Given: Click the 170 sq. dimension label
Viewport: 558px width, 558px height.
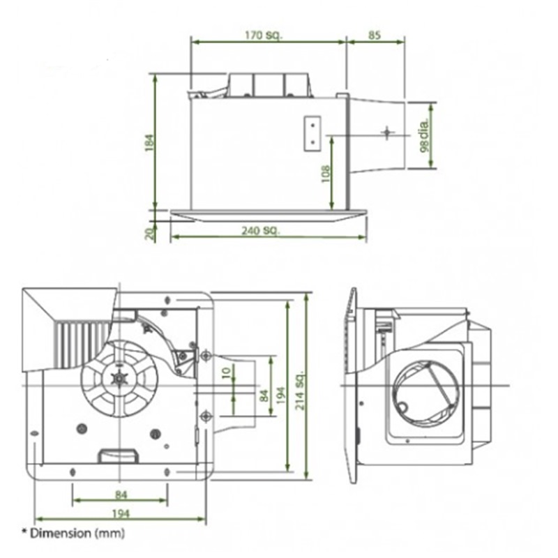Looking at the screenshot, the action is click(264, 36).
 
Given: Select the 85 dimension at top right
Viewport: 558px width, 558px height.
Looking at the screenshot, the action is click(374, 36).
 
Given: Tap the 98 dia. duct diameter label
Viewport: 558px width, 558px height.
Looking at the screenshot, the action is click(425, 135).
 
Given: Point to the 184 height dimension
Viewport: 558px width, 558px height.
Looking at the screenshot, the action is click(150, 142).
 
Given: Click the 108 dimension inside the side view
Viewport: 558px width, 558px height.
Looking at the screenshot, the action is click(326, 174).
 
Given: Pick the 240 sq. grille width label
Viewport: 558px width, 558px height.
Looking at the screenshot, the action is click(261, 231).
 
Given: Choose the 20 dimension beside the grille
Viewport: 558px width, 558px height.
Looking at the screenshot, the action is click(151, 234).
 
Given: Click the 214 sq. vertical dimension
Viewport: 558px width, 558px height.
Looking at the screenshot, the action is click(300, 390).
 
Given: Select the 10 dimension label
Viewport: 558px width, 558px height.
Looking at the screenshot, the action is click(226, 373).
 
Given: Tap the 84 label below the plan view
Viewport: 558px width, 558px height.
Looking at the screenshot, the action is click(121, 495).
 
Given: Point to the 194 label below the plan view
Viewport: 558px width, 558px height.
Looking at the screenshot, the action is click(121, 513).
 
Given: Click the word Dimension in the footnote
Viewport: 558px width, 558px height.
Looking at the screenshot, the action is click(61, 533).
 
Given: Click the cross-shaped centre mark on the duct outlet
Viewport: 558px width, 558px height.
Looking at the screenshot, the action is click(388, 133).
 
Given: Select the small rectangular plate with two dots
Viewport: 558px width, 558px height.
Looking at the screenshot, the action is click(312, 134).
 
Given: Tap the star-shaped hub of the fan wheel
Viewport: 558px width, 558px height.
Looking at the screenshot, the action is click(119, 378).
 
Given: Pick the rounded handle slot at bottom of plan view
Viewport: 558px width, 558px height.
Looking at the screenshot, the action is click(118, 456).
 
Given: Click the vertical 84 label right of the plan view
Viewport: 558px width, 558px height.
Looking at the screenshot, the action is click(264, 395).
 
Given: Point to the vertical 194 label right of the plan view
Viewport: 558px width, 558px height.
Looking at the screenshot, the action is click(281, 395).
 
